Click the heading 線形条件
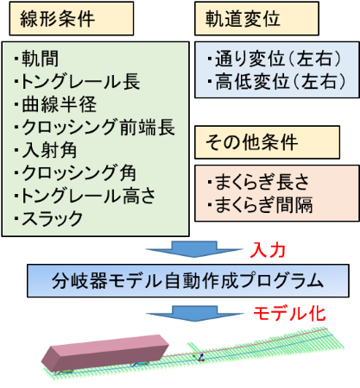pyautogui.click(x=57, y=19)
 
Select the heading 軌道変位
pyautogui.click(x=243, y=19)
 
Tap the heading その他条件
pyautogui.click(x=251, y=142)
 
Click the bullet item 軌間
pyautogui.click(x=36, y=59)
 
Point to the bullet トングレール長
pyautogui.click(x=77, y=82)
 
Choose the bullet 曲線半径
pyautogui.click(x=55, y=104)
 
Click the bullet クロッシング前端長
pyautogui.click(x=95, y=127)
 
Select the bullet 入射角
pyautogui.click(x=46, y=150)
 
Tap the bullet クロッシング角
pyautogui.click(x=75, y=172)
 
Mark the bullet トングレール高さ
pyautogui.click(x=85, y=196)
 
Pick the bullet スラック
pyautogui.click(x=48, y=218)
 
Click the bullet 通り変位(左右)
pyautogui.click(x=275, y=59)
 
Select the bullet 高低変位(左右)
pyautogui.click(x=276, y=81)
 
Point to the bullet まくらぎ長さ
pyautogui.click(x=258, y=182)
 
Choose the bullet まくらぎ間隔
pyautogui.click(x=260, y=204)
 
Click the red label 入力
pyautogui.click(x=268, y=250)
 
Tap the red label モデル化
pyautogui.click(x=289, y=313)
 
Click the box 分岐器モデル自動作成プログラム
pyautogui.click(x=188, y=281)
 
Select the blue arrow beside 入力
pyautogui.click(x=194, y=249)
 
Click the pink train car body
pyautogui.click(x=105, y=353)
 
